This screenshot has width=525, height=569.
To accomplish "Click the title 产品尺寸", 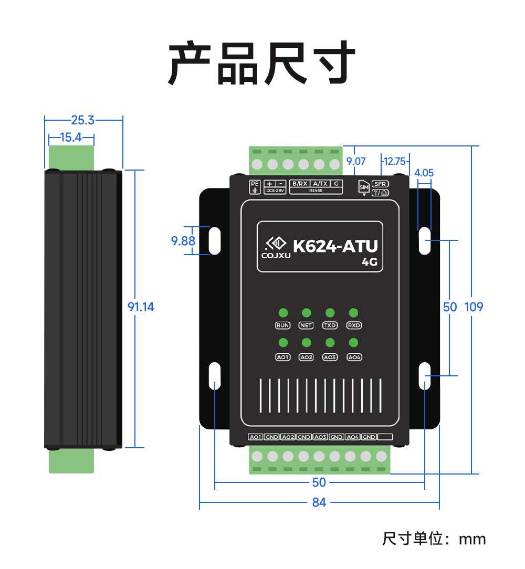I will [x=261, y=64].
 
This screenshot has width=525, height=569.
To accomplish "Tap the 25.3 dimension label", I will [x=83, y=120].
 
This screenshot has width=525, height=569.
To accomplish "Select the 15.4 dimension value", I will [x=71, y=138].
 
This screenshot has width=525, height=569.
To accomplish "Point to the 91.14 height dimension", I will [x=141, y=307].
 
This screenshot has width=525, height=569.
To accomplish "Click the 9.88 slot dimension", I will [x=183, y=241].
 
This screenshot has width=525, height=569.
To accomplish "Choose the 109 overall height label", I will [x=474, y=307].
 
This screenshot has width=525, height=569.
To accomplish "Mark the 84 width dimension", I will [x=319, y=502].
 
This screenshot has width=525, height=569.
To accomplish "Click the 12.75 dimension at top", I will [x=394, y=161].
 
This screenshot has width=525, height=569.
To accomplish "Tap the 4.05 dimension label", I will [x=424, y=173].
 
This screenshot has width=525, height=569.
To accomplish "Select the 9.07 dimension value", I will [x=356, y=161].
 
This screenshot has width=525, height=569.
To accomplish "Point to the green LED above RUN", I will [x=283, y=313].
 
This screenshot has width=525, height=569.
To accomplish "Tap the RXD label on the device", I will [x=354, y=325].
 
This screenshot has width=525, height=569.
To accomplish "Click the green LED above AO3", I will [x=330, y=343].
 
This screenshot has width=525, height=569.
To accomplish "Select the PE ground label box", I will [x=255, y=186].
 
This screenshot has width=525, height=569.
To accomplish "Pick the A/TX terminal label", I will [x=319, y=184].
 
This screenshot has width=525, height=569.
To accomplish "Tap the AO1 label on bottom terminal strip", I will [x=255, y=437].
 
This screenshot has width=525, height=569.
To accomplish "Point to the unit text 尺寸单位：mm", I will [x=434, y=539].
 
